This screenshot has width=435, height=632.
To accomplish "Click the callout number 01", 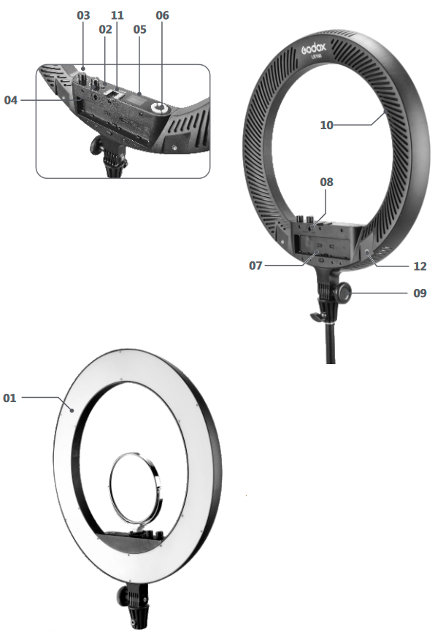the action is pyautogui.click(x=9, y=398).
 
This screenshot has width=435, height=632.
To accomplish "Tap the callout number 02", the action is pyautogui.click(x=105, y=29).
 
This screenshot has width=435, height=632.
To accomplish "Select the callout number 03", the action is pyautogui.click(x=83, y=15).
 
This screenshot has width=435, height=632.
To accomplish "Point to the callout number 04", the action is pyautogui.click(x=11, y=100).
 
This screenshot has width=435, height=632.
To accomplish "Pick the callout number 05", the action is pyautogui.click(x=140, y=29).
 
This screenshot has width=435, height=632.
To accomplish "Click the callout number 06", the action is pyautogui.click(x=163, y=15).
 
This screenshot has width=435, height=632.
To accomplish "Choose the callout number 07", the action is pyautogui.click(x=255, y=266).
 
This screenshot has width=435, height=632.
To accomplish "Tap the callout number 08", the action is pyautogui.click(x=326, y=182).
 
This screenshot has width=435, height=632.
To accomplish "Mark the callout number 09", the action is pyautogui.click(x=420, y=293).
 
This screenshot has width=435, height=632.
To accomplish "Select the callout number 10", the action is pyautogui.click(x=326, y=126).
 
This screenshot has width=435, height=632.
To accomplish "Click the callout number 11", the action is pyautogui.click(x=117, y=15).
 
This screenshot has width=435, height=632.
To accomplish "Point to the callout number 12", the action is pyautogui.click(x=420, y=266).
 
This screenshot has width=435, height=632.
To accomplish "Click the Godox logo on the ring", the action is pyautogui.click(x=314, y=48).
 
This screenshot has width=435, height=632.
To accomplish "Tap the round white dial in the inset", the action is pyautogui.click(x=158, y=107).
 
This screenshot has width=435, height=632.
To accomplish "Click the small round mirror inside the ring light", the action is pyautogui.click(x=136, y=489).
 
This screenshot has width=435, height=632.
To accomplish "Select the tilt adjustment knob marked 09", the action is pyautogui.click(x=344, y=290).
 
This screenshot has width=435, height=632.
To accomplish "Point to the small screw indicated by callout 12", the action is pyautogui.click(x=368, y=253).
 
